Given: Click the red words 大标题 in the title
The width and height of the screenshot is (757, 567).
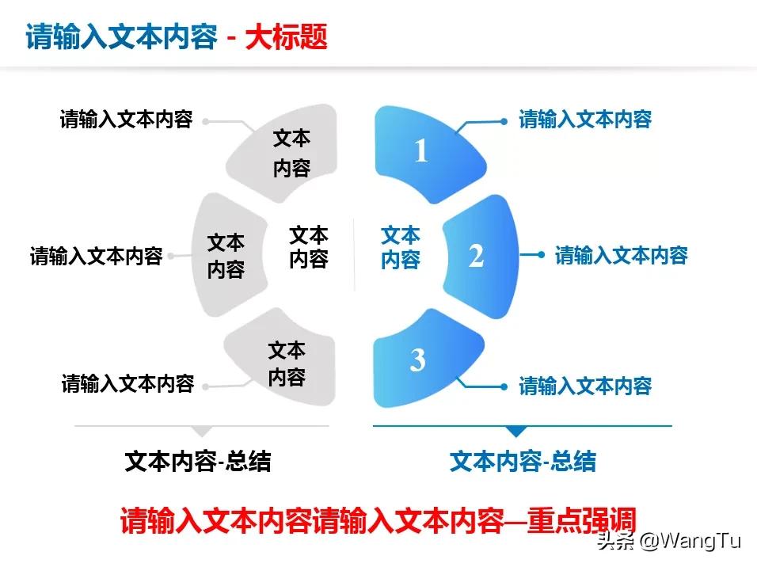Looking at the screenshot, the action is point(287,36).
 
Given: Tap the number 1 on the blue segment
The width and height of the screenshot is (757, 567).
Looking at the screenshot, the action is point(421,150).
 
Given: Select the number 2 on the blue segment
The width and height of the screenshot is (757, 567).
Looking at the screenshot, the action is point(476,256).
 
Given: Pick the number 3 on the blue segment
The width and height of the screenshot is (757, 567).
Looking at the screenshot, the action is point(417,360).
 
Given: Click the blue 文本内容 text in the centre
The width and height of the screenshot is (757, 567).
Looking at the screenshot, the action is point(401,247).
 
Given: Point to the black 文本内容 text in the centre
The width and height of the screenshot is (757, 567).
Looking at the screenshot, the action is point(309,247).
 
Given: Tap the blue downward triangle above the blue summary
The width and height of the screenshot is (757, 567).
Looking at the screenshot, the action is point(516,432).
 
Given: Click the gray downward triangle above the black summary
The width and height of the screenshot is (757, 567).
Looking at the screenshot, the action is point(202,432).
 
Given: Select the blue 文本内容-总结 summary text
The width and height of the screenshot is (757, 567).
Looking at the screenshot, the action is point(523,461).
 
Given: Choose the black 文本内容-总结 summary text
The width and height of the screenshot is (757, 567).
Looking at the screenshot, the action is point(198,461).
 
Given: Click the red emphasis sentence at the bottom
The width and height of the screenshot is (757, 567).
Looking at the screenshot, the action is point(378,520).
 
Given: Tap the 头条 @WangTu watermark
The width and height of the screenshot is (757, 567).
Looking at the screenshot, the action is point(668,540).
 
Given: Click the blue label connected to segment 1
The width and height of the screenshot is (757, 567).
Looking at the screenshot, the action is point(585,120).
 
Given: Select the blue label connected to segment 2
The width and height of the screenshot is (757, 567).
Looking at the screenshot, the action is point(622,255).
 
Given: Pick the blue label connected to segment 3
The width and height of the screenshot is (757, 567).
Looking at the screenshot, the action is point(585,386).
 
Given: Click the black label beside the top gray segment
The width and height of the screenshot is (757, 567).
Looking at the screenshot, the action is point(127,120).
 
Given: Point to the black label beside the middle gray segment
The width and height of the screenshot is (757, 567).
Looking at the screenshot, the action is point(97,256).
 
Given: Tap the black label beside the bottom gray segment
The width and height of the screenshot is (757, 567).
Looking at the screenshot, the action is point(128,383).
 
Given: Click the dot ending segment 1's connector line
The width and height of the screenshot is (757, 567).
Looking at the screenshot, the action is point(504,122).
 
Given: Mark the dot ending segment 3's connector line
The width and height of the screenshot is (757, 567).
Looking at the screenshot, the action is point(504,387).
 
